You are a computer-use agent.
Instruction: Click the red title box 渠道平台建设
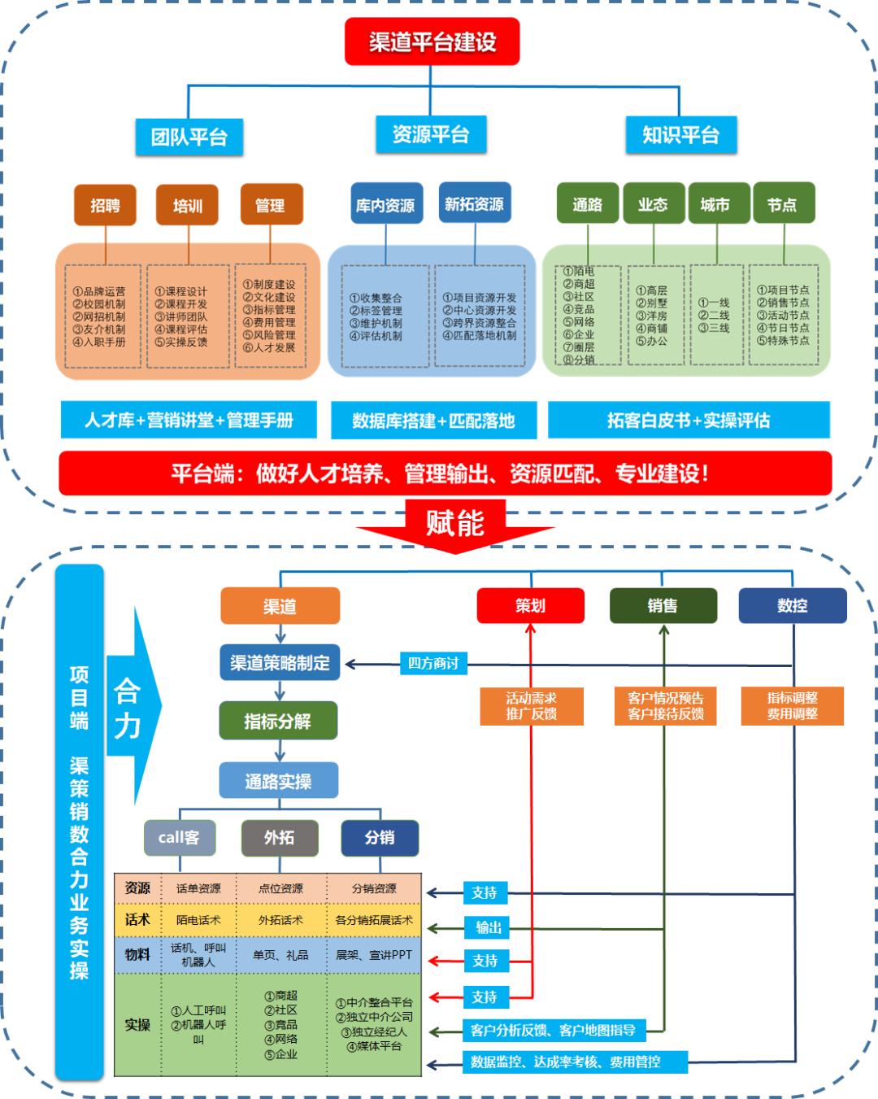(432, 41)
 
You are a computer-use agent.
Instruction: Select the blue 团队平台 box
(189, 136)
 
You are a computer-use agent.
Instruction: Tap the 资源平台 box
(430, 134)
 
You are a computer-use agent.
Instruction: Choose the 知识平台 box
(680, 134)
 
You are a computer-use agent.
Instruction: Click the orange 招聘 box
(105, 205)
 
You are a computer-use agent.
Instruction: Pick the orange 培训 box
(188, 205)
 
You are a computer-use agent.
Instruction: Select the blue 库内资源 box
(385, 205)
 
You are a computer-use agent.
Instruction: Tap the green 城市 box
(715, 203)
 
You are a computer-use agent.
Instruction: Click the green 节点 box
(783, 203)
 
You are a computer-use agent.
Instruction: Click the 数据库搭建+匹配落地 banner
(433, 421)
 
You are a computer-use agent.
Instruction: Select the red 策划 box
(530, 605)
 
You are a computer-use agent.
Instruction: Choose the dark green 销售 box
(663, 605)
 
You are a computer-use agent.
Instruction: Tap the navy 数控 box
(792, 605)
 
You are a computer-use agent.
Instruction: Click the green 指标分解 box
(278, 721)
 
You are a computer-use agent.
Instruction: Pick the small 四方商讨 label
(433, 663)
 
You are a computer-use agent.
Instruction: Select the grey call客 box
(179, 837)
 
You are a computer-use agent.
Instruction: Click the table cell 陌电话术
(198, 920)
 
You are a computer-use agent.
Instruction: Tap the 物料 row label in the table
(137, 954)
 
